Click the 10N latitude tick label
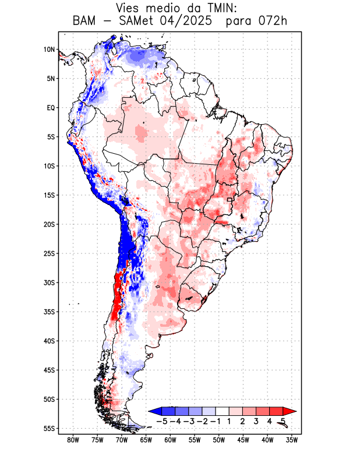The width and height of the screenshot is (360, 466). pos(49,50)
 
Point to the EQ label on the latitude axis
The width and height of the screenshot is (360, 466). pos(51,108)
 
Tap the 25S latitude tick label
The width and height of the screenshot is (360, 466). pos(49,253)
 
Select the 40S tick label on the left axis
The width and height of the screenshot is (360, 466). pos(49,341)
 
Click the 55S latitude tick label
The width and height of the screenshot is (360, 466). pos(49,428)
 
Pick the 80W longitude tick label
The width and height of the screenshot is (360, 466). pos(73,440)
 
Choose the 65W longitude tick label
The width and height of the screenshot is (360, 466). pos(146,440)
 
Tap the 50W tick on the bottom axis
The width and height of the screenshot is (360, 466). pos(218,440)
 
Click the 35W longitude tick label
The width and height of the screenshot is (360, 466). pos(292,440)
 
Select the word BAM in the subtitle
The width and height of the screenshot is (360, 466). pos(85,21)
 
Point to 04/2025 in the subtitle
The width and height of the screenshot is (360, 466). pos(192,21)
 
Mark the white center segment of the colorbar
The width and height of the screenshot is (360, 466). pos(223,411)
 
